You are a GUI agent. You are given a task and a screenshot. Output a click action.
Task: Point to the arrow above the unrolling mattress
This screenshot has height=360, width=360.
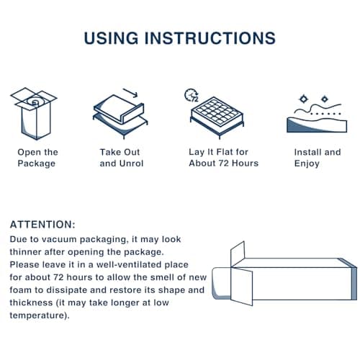point(130,92)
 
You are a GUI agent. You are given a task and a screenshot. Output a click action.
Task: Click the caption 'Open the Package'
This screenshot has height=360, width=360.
point(37,158)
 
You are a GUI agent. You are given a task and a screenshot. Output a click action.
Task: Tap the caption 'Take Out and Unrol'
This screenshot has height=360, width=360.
point(120,158)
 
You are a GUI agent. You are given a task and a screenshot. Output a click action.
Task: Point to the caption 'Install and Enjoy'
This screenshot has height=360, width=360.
point(318,158)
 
